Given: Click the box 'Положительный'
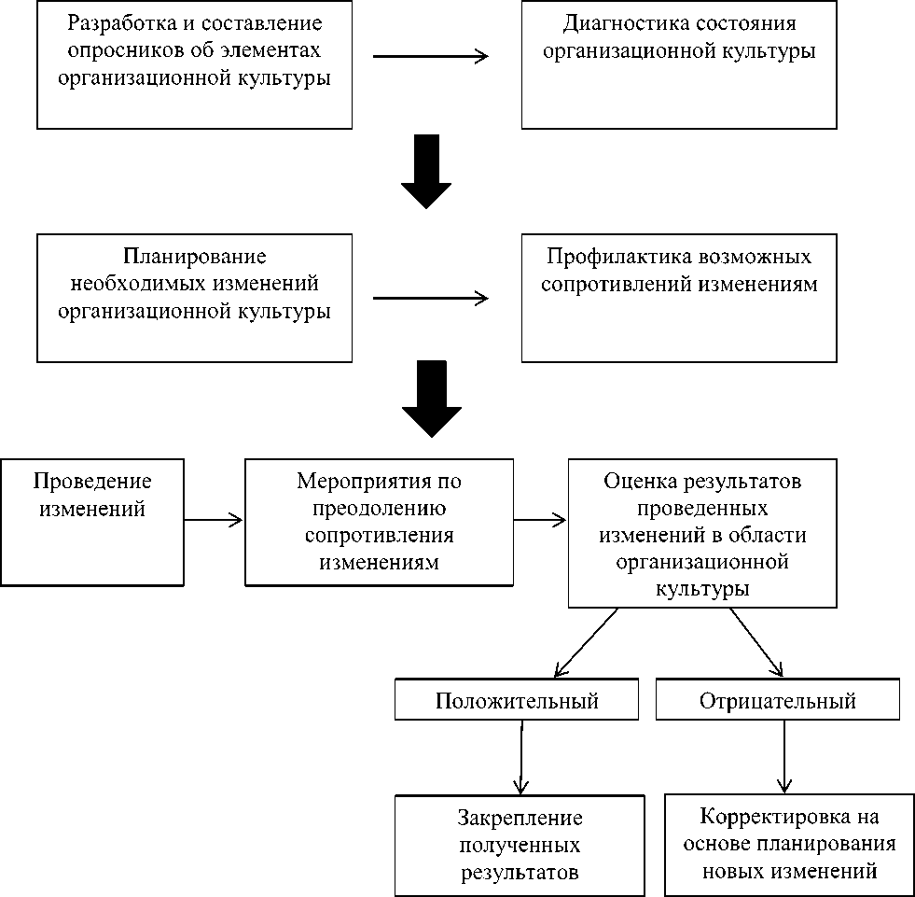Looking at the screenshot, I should tap(517, 700).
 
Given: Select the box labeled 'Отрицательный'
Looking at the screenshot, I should tap(778, 700).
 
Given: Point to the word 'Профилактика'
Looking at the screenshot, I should tap(605, 257).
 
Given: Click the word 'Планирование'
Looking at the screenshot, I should tap(194, 257).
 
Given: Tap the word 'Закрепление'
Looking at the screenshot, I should tap(520, 818).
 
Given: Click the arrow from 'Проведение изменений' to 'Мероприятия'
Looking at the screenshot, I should tap(214, 519).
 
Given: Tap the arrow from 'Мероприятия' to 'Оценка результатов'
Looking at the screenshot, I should tap(540, 519).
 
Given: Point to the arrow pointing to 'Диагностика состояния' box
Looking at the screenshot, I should tap(431, 57).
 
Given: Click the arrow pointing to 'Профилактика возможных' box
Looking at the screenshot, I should tap(431, 299).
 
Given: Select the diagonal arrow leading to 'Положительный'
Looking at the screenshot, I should tap(585, 642).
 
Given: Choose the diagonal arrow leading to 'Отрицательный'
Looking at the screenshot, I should tap(756, 642).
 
